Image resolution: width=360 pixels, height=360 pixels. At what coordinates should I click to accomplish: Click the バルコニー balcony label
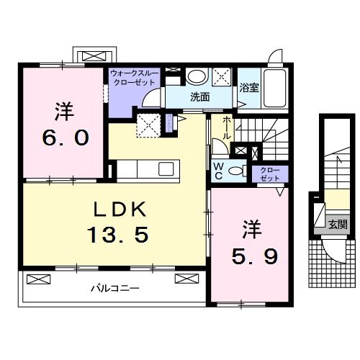[114, 288]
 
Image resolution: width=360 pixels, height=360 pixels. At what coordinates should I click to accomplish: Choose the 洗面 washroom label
[199, 97]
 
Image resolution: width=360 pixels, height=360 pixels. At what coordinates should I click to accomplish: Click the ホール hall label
[228, 128]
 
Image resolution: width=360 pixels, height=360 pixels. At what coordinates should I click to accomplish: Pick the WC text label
[218, 170]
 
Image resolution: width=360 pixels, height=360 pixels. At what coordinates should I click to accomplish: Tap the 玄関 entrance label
[336, 224]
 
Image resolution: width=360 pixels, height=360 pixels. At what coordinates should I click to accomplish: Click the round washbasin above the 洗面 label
[196, 76]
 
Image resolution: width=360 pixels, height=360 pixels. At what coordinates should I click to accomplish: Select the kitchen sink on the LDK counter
[166, 169]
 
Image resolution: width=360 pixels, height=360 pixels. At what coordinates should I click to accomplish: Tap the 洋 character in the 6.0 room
[61, 112]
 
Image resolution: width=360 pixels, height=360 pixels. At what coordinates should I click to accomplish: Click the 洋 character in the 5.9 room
[248, 230]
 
